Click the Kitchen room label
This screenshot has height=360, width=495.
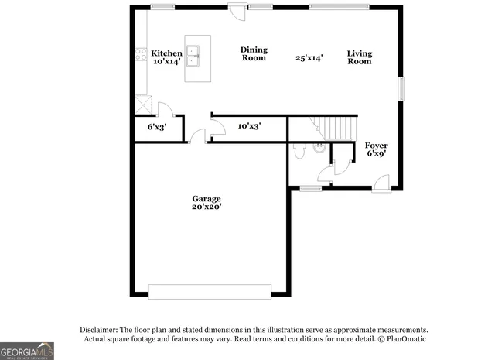pos(166,53)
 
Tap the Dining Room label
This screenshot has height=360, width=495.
pos(254,53)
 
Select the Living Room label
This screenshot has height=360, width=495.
pos(359,57)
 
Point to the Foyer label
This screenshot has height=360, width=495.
pos(377,146)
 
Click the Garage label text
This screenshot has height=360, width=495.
pos(207,198)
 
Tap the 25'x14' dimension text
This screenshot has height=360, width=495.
pos(309,57)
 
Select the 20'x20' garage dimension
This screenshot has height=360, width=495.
pos(207,207)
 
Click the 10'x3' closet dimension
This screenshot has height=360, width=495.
pos(249,125)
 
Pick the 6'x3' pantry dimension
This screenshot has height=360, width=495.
pos(157,126)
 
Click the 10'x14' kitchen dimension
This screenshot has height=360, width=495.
pos(166,61)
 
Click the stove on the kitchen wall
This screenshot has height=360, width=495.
pos(142,54)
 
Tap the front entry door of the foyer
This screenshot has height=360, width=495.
pos(381,183)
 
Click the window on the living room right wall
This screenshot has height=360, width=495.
pos(401,88)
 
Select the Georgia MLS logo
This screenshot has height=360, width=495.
pos(27,350)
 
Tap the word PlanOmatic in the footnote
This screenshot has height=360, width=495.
pos(405,339)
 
